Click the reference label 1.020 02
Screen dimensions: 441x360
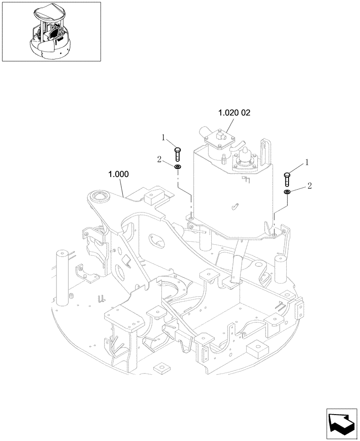(234, 113)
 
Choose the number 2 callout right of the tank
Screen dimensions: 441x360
(309, 186)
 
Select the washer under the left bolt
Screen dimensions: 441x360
(178, 167)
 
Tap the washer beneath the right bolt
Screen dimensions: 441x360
(287, 192)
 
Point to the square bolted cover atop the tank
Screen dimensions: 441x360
(218, 141)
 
